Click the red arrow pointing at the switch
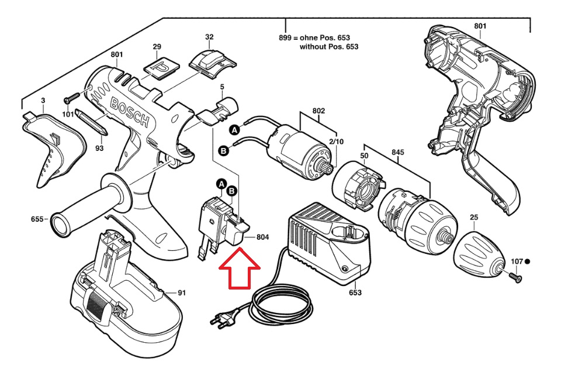click(x=240, y=268)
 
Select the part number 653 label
click(x=355, y=292)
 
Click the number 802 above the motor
click(x=318, y=111)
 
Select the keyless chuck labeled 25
click(x=479, y=254)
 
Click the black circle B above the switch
click(x=232, y=191)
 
